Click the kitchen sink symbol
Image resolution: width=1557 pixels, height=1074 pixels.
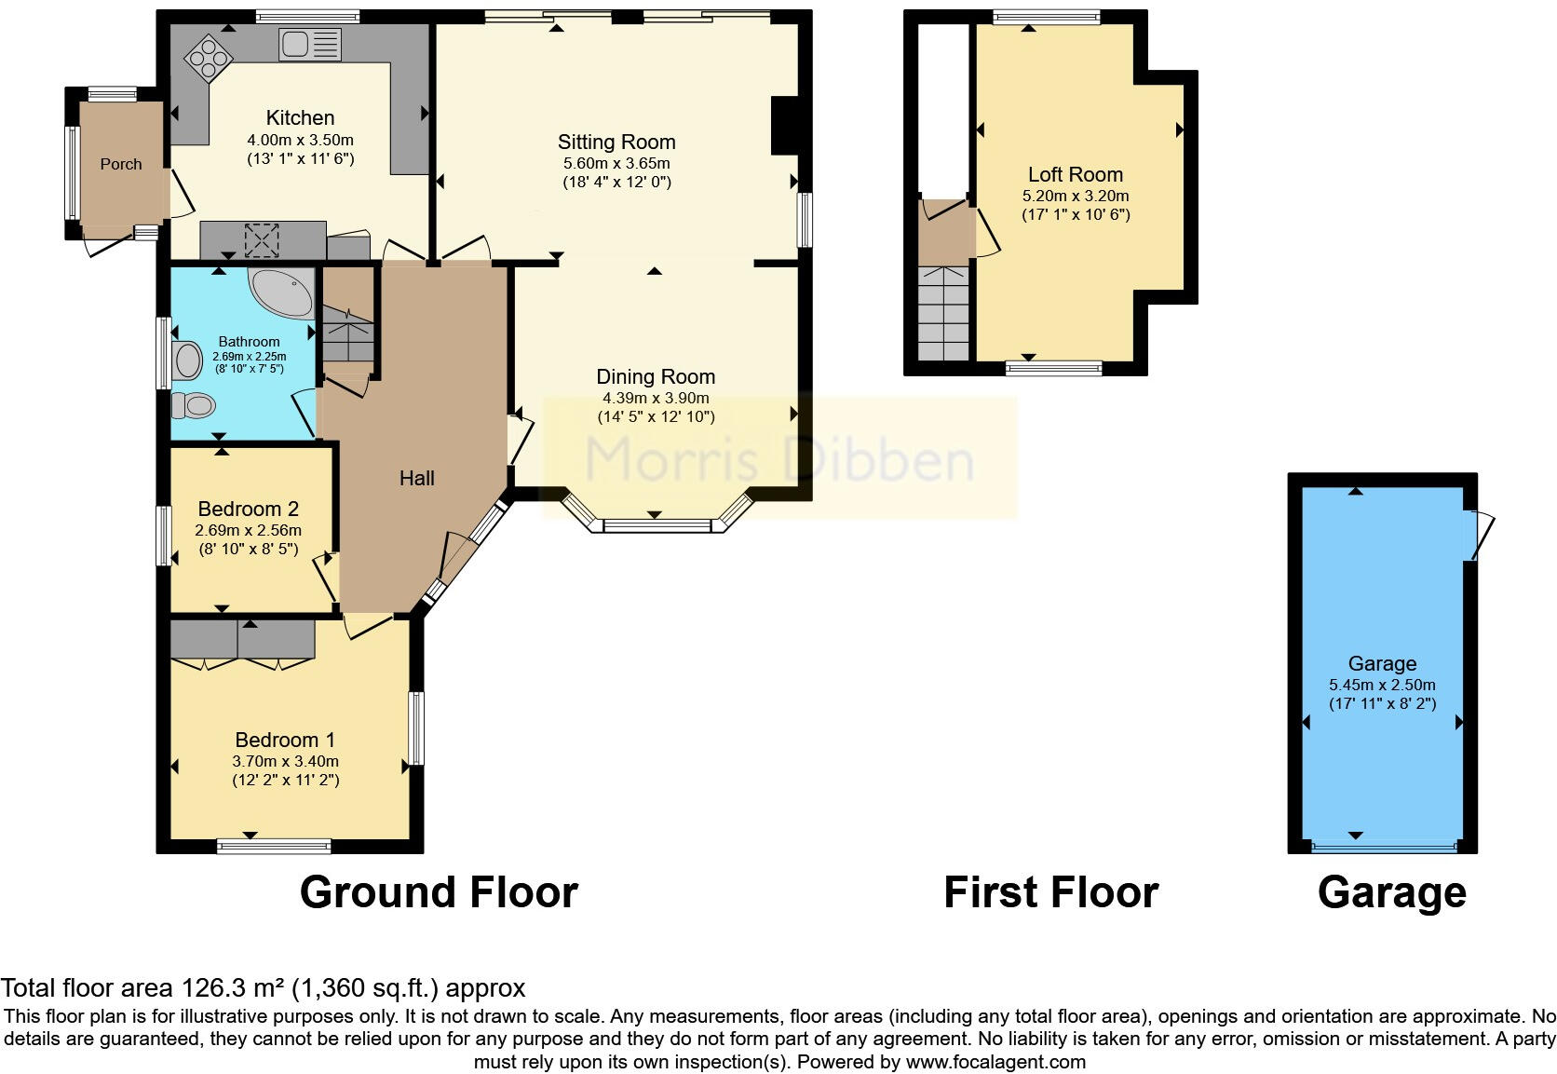coord(310,43)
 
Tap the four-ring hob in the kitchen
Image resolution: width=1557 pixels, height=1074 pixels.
coord(208,59)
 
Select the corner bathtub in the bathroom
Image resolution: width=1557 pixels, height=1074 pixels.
coord(282,292)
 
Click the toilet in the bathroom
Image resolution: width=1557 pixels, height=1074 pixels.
coord(195,405)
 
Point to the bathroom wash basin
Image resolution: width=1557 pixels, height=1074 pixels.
coord(187,360)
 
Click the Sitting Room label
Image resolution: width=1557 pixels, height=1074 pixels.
coord(616,142)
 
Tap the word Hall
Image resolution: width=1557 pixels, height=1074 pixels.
coord(417,478)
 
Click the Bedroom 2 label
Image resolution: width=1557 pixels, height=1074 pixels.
coord(248,509)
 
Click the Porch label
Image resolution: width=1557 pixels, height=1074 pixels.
coord(121,164)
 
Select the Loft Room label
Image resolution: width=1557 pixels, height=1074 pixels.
coord(1075,174)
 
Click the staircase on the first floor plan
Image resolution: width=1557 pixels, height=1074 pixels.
coord(944,313)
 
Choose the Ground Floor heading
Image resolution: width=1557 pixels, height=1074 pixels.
coord(439,892)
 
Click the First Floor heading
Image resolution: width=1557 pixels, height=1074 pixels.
coord(1050,892)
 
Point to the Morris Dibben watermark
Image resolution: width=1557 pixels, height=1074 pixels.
coord(778,459)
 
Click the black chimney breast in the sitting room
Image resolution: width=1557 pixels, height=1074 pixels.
coord(784,125)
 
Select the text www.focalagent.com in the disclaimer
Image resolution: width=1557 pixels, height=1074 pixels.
coord(995,1062)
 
